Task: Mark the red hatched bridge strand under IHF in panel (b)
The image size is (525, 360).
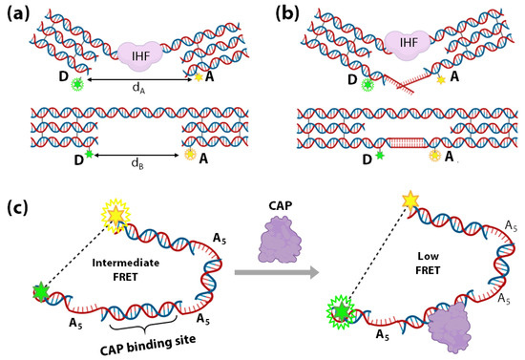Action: click(393, 87)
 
